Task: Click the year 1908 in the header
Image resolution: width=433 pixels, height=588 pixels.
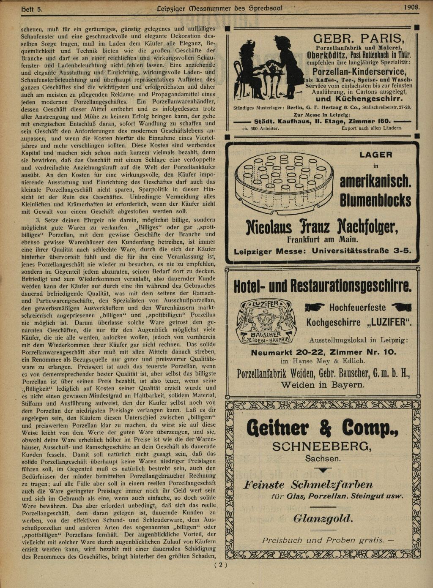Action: [x=411, y=7]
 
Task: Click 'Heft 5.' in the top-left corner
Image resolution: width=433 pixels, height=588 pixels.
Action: [x=31, y=8]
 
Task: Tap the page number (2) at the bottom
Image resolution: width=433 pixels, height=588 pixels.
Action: [x=221, y=565]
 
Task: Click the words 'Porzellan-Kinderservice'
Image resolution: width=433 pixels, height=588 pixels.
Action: [x=359, y=72]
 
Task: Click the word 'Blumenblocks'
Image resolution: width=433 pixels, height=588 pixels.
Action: [x=375, y=200]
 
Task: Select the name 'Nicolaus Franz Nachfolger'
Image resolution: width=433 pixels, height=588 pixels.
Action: [x=322, y=228]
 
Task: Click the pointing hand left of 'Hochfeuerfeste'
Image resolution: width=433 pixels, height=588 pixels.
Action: [x=315, y=307]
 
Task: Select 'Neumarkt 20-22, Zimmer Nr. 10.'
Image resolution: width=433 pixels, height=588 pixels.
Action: [x=323, y=352]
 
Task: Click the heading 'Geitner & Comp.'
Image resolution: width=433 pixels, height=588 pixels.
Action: [x=322, y=427]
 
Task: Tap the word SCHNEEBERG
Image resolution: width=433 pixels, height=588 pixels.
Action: [x=322, y=447]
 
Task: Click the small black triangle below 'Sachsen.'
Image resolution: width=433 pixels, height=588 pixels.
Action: [x=323, y=470]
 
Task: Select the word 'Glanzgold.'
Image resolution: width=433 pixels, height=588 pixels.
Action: [x=323, y=518]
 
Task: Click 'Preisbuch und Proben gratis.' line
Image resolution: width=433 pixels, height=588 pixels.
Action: [x=323, y=540]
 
